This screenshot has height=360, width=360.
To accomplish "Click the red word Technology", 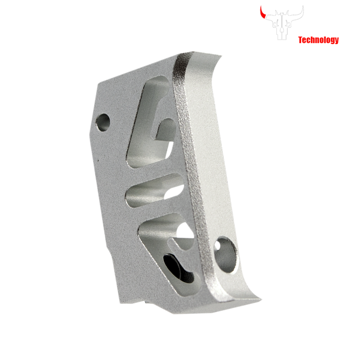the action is [x=319, y=40].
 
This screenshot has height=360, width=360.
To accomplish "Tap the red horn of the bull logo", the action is [x=262, y=13].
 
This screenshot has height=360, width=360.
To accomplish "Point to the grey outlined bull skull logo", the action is [x=282, y=23].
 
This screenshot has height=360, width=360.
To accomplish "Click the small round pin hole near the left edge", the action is [x=103, y=122].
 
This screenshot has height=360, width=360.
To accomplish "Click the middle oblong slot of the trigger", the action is [x=154, y=190].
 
